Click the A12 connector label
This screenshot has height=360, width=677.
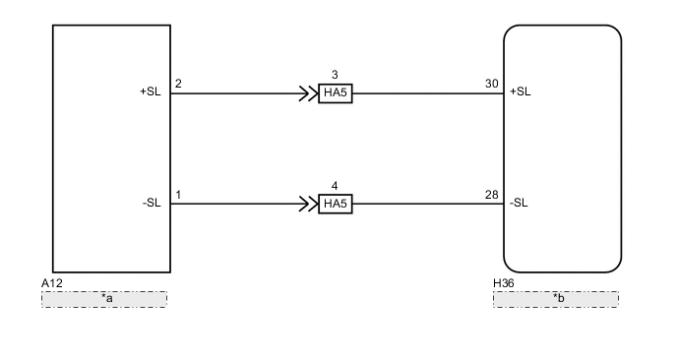click(x=53, y=283)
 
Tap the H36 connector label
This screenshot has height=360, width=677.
click(x=503, y=283)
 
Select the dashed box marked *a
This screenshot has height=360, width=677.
click(x=104, y=298)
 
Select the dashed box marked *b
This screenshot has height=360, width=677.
click(x=556, y=298)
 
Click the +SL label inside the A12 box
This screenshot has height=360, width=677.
click(x=150, y=93)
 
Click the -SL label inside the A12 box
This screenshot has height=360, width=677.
click(x=152, y=204)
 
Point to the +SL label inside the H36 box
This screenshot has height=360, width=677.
click(x=520, y=93)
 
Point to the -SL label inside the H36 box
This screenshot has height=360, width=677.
click(x=519, y=204)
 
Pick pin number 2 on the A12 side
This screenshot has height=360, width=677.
click(x=178, y=84)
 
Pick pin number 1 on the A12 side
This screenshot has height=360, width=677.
click(x=178, y=194)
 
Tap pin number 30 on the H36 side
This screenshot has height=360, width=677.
click(x=492, y=84)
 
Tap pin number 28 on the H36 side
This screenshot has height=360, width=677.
click(x=492, y=194)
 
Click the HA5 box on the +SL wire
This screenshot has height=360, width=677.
click(x=336, y=94)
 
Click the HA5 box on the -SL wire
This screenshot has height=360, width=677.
click(x=336, y=205)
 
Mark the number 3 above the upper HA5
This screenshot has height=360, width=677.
click(x=335, y=75)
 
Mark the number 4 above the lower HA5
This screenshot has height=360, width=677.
click(x=335, y=185)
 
